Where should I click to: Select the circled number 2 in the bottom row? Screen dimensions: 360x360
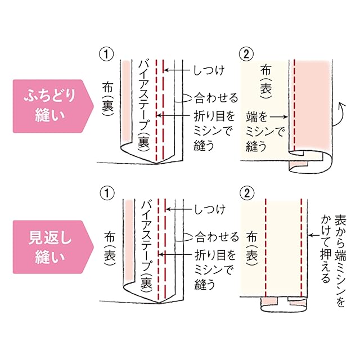pyautogui.click(x=246, y=193)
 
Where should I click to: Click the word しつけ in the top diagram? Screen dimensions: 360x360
pyautogui.click(x=209, y=70)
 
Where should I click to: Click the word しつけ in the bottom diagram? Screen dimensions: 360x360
pyautogui.click(x=209, y=210)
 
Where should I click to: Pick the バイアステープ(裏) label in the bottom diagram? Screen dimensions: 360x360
pyautogui.click(x=145, y=242)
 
